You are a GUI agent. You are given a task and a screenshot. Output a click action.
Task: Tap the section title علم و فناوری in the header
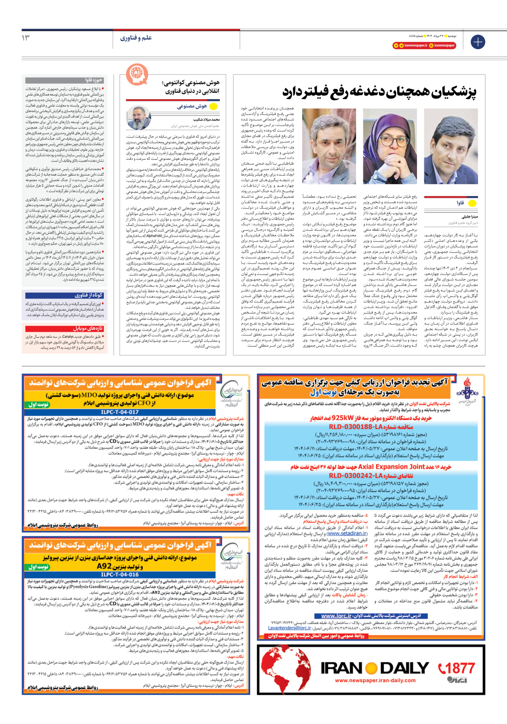(x=136, y=38)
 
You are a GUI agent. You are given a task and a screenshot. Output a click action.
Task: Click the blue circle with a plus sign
(x=478, y=42)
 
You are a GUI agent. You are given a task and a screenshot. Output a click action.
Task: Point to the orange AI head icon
(x=137, y=74)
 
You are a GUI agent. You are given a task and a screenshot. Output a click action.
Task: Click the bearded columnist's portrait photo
(x=139, y=117)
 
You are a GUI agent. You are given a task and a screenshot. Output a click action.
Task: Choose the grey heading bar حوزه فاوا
(x=65, y=80)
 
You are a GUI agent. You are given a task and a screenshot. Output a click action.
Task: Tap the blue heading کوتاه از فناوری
(x=65, y=295)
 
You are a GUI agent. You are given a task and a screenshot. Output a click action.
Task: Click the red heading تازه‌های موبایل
(x=65, y=329)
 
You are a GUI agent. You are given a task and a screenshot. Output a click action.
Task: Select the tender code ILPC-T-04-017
(x=119, y=412)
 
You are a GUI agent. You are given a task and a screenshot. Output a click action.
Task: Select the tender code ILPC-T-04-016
(x=119, y=574)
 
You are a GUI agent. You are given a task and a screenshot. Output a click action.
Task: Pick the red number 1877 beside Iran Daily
(x=456, y=668)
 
